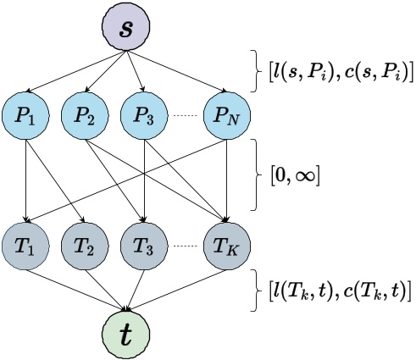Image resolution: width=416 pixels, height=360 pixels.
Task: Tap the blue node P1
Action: (28, 118)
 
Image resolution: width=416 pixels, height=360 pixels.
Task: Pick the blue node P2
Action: (84, 118)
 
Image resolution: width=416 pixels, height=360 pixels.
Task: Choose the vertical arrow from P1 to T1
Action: (28, 182)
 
